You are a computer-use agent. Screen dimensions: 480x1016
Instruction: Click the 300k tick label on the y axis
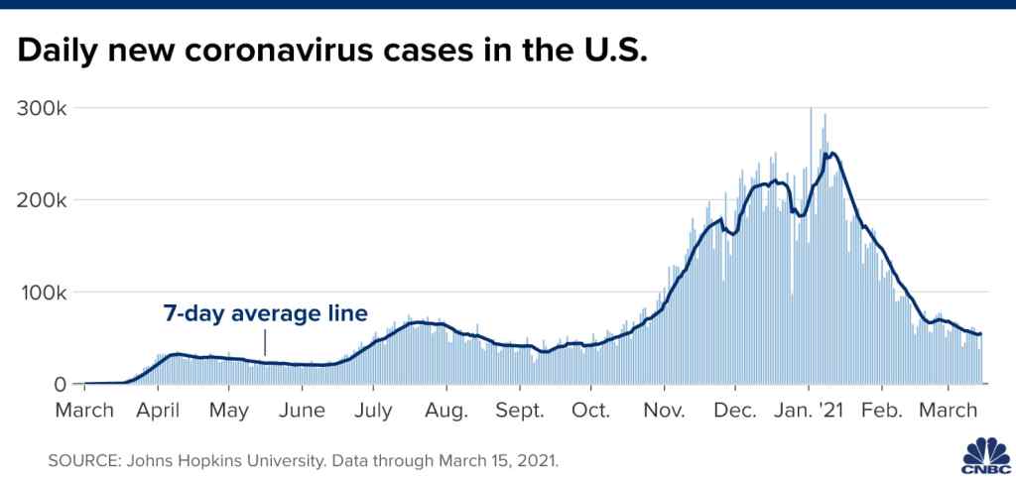click(x=42, y=107)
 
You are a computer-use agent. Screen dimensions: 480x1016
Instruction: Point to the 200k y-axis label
click(x=42, y=199)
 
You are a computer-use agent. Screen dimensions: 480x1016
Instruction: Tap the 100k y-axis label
click(x=42, y=293)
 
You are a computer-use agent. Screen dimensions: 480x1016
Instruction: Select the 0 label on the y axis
click(x=63, y=385)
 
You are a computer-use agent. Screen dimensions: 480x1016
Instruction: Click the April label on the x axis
click(x=158, y=410)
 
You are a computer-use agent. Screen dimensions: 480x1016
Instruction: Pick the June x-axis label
click(x=303, y=410)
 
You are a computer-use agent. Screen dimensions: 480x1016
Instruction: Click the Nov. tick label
click(x=666, y=410)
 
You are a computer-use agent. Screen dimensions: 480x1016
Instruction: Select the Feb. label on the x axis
click(x=881, y=410)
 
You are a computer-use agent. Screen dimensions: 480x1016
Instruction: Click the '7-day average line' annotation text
click(x=266, y=313)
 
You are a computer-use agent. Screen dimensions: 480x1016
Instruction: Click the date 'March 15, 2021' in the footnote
click(x=510, y=462)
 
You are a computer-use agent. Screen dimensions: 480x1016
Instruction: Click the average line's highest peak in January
click(x=833, y=154)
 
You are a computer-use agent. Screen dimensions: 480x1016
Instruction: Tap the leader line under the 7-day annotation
click(x=265, y=342)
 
